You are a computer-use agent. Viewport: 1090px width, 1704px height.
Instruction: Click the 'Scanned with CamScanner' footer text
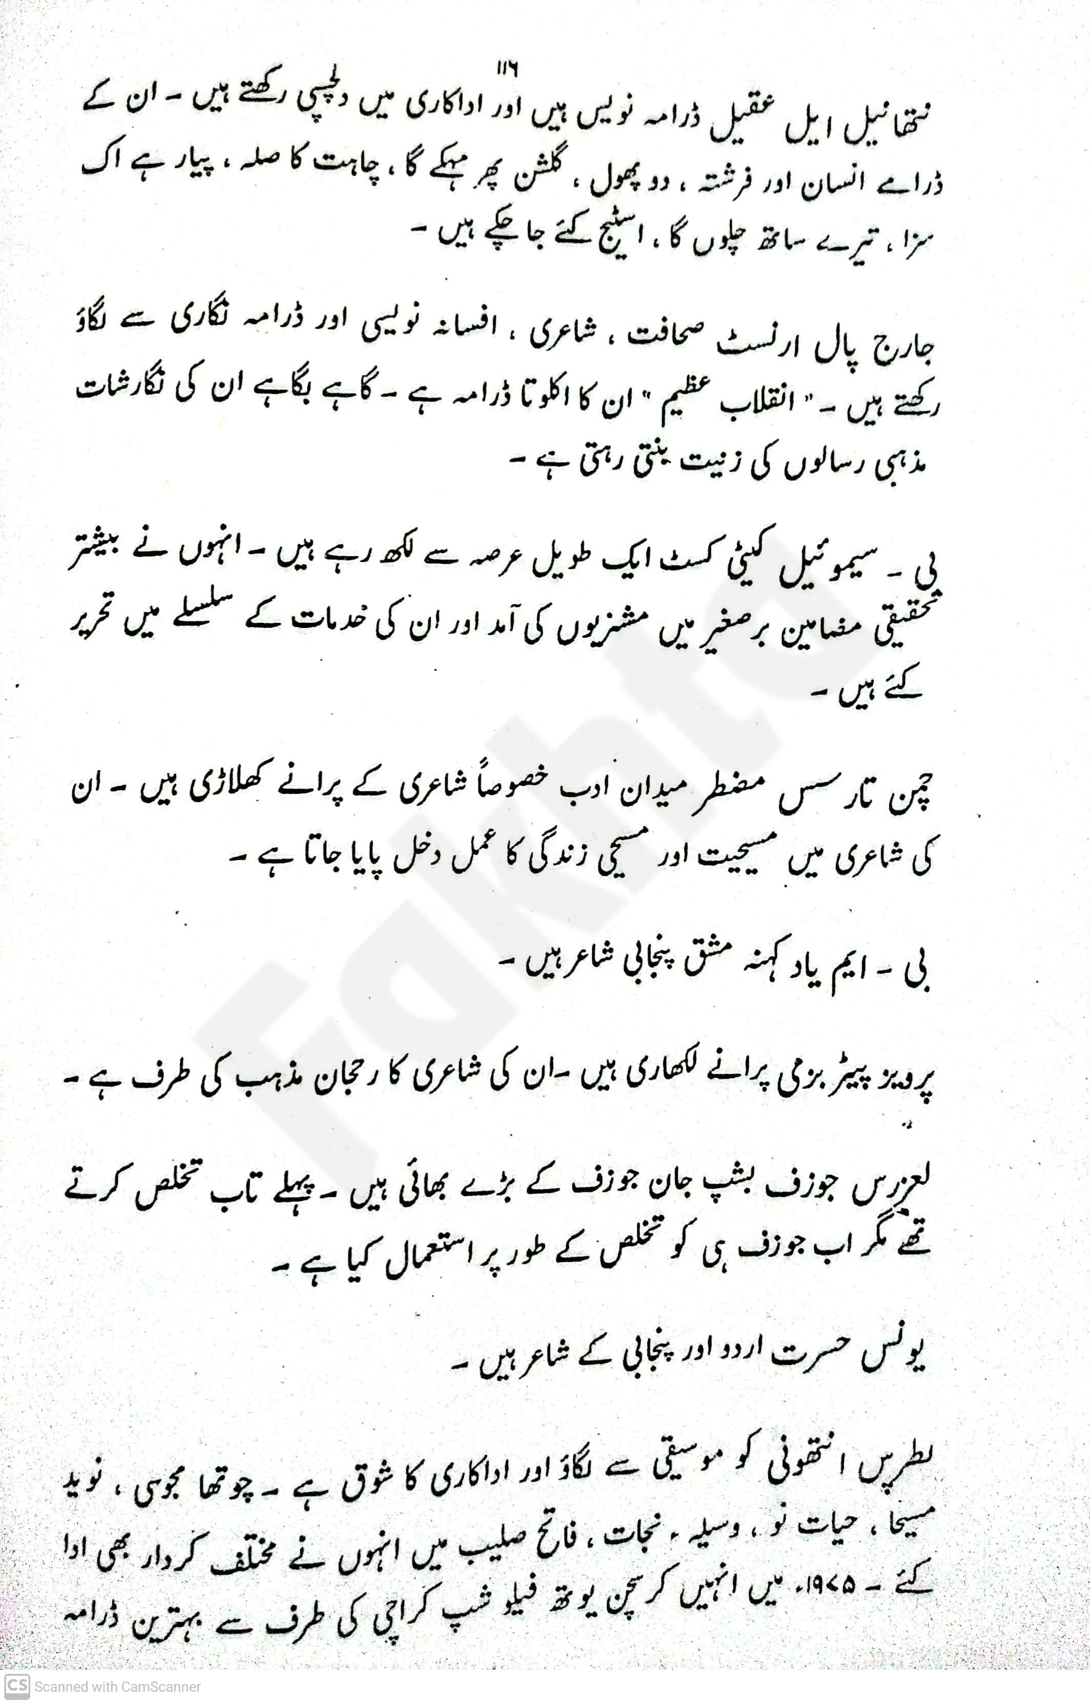(x=117, y=1687)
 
